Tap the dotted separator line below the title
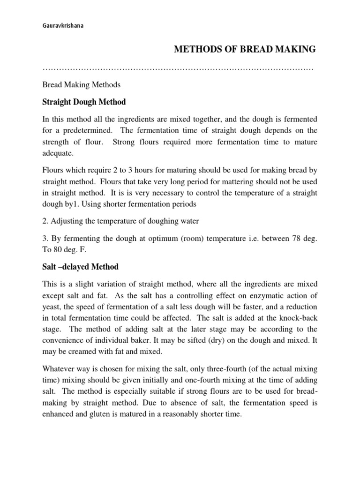click(178, 69)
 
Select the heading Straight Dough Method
click(84, 102)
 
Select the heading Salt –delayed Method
click(80, 267)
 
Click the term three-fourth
click(221, 370)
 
